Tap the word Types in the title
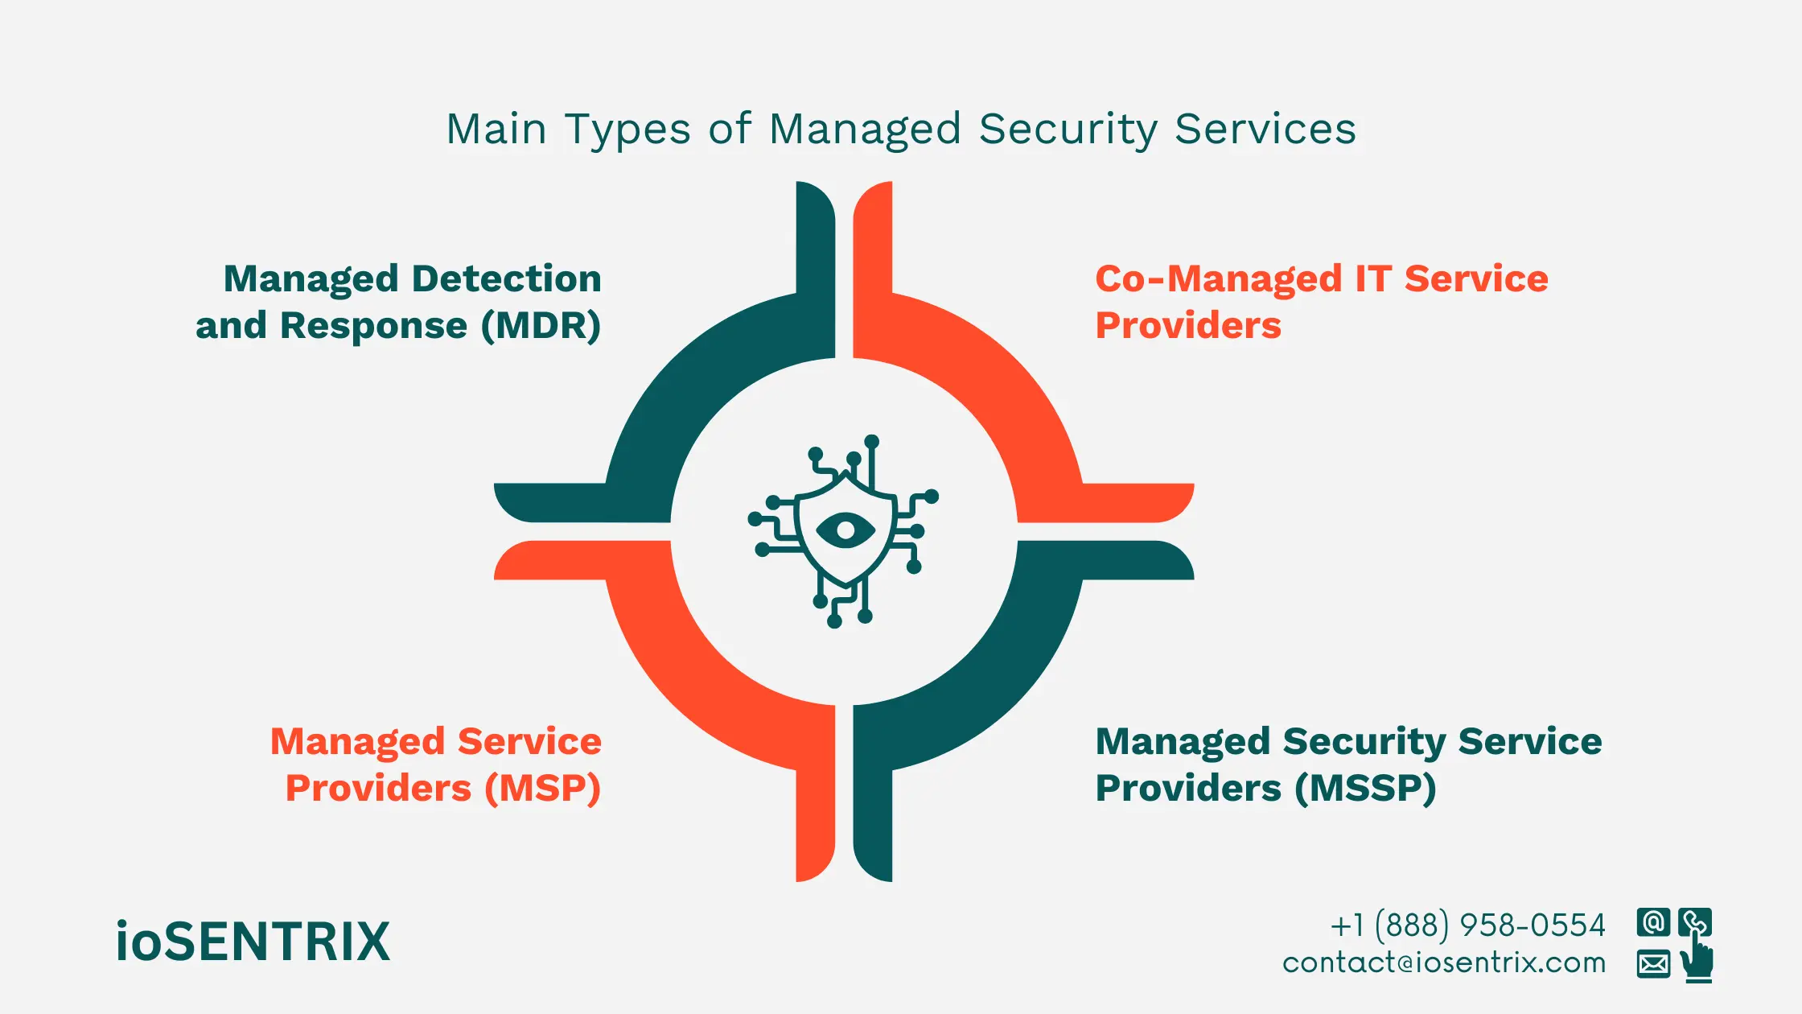[x=627, y=130]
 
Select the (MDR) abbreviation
[x=541, y=326]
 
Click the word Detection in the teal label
[x=506, y=279]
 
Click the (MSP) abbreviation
[x=542, y=789]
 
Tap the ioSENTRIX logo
[x=253, y=942]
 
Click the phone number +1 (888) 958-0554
[x=1467, y=925]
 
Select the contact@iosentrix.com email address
[x=1444, y=962]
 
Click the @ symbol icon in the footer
[x=1653, y=922]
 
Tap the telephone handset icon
[x=1693, y=921]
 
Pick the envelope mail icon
[x=1653, y=963]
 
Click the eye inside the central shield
[x=845, y=530]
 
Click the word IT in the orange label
[x=1372, y=279]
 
